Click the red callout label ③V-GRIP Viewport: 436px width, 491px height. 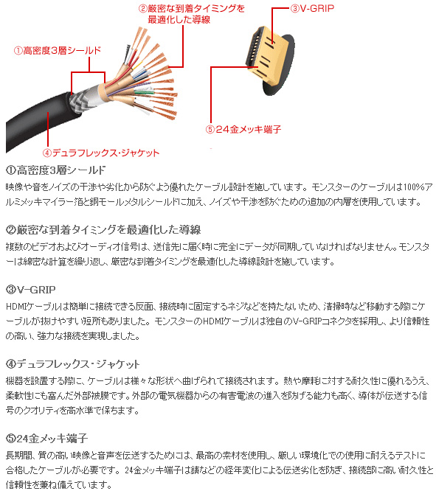tap(312, 8)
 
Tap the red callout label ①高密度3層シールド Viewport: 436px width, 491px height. tap(58, 50)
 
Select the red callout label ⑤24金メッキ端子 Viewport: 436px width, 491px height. tap(243, 129)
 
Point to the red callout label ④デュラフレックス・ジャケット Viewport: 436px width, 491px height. tap(101, 153)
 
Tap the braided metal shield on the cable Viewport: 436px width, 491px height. tap(82, 101)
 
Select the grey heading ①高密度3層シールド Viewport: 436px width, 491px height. tap(55, 170)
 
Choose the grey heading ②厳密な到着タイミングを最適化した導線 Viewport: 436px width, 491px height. tap(103, 230)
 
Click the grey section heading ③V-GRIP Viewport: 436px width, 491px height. tap(31, 289)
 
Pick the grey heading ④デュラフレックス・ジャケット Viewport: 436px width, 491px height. tap(72, 364)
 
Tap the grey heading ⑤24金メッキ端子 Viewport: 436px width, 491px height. tap(46, 439)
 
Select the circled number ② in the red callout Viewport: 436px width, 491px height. tap(143, 8)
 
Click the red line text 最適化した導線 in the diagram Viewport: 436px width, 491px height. tap(179, 20)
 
